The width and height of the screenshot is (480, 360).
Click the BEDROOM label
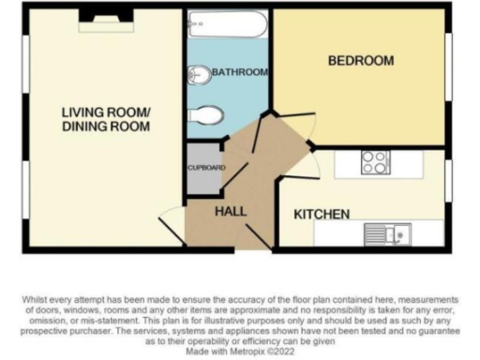tap(360, 61)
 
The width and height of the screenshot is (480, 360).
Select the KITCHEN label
tap(322, 214)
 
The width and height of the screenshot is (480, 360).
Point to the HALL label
tap(231, 211)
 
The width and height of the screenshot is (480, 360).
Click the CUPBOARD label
tap(202, 168)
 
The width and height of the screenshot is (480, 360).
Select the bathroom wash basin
tap(199, 75)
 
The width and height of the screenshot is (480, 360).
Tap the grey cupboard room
tap(202, 170)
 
